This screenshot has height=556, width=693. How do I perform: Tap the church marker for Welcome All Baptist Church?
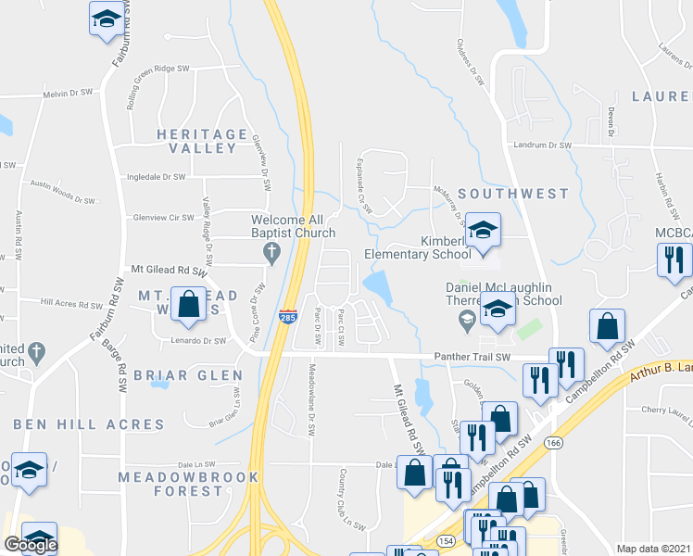point(271,251)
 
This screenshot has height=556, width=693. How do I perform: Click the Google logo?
point(31,545)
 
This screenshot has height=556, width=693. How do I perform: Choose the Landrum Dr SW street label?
point(542,145)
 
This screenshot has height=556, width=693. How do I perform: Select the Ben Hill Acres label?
point(89,424)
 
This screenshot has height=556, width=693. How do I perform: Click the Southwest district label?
point(512,194)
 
